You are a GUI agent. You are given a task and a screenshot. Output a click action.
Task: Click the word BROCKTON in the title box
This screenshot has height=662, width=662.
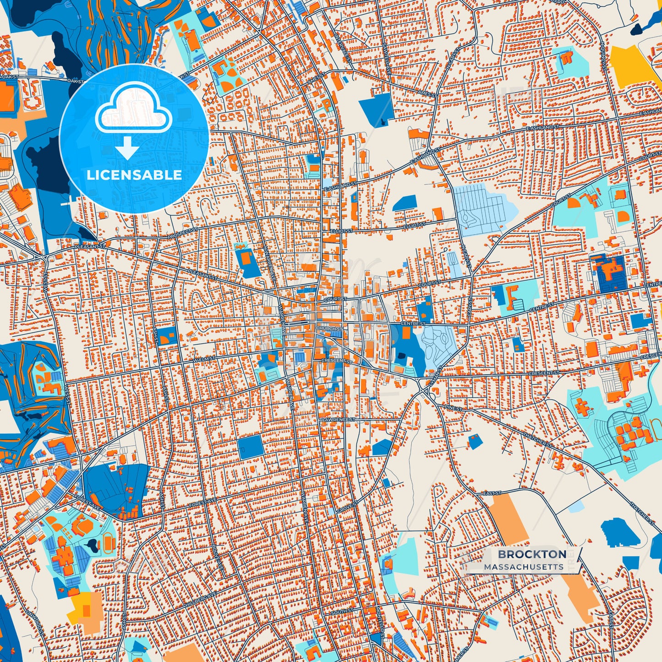point(532,554)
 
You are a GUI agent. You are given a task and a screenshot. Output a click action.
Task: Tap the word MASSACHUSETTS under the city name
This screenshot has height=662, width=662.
point(524,567)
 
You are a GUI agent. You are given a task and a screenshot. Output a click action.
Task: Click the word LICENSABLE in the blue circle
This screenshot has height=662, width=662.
point(134,175)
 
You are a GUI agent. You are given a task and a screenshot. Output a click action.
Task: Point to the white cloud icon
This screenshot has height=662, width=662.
point(133,110)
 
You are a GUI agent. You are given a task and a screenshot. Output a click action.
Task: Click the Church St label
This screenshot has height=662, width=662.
point(329,328)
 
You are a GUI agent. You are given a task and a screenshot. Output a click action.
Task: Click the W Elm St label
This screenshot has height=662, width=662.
point(204,359)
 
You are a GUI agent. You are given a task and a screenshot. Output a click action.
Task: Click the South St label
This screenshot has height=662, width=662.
point(342,612)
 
